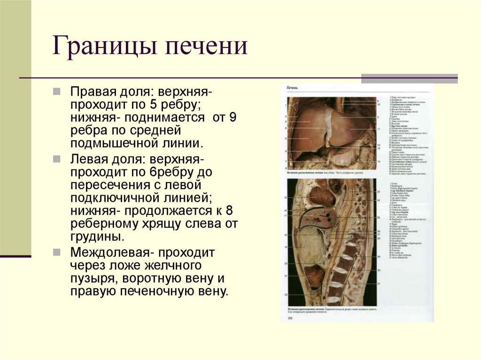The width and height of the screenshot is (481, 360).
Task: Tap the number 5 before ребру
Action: tap(151, 103)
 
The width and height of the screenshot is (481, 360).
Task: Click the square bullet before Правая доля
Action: tap(56, 90)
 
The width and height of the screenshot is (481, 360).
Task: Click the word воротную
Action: tap(151, 279)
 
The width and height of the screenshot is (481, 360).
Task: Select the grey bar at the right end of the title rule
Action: tap(409, 78)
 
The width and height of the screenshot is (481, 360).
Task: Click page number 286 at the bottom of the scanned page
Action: tap(290, 319)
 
